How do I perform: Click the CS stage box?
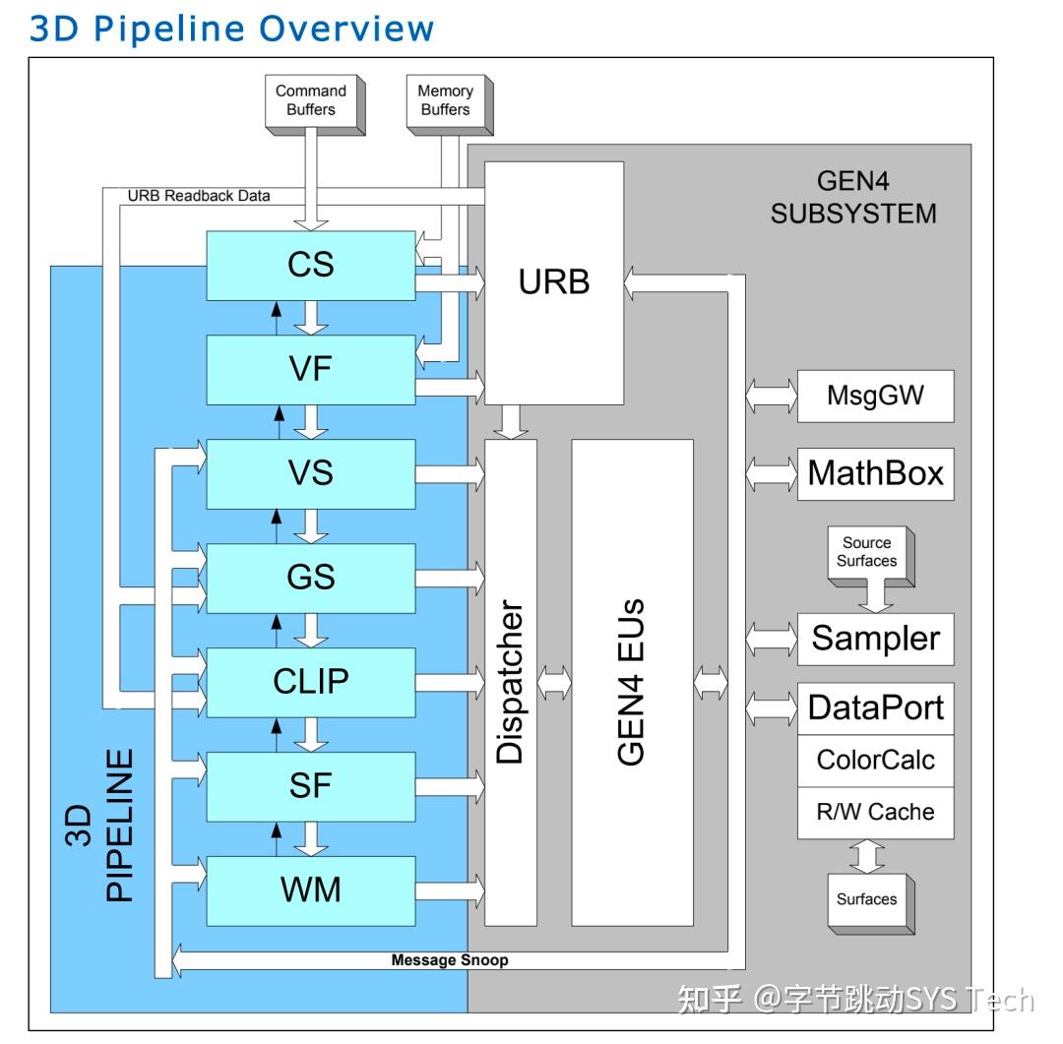click(311, 266)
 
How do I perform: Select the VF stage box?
click(311, 370)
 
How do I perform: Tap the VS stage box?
click(311, 473)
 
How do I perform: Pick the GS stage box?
click(311, 578)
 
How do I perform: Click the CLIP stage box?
click(311, 681)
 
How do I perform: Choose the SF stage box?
click(311, 785)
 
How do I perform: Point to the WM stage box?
click(311, 890)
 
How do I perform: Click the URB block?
click(554, 282)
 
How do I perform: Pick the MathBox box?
click(875, 473)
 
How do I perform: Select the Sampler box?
click(875, 639)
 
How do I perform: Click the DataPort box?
click(875, 707)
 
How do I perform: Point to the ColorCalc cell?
click(875, 761)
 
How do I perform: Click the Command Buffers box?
click(310, 100)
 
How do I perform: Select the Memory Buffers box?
click(445, 100)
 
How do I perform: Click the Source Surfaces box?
click(867, 552)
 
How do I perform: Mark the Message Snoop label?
click(450, 959)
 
